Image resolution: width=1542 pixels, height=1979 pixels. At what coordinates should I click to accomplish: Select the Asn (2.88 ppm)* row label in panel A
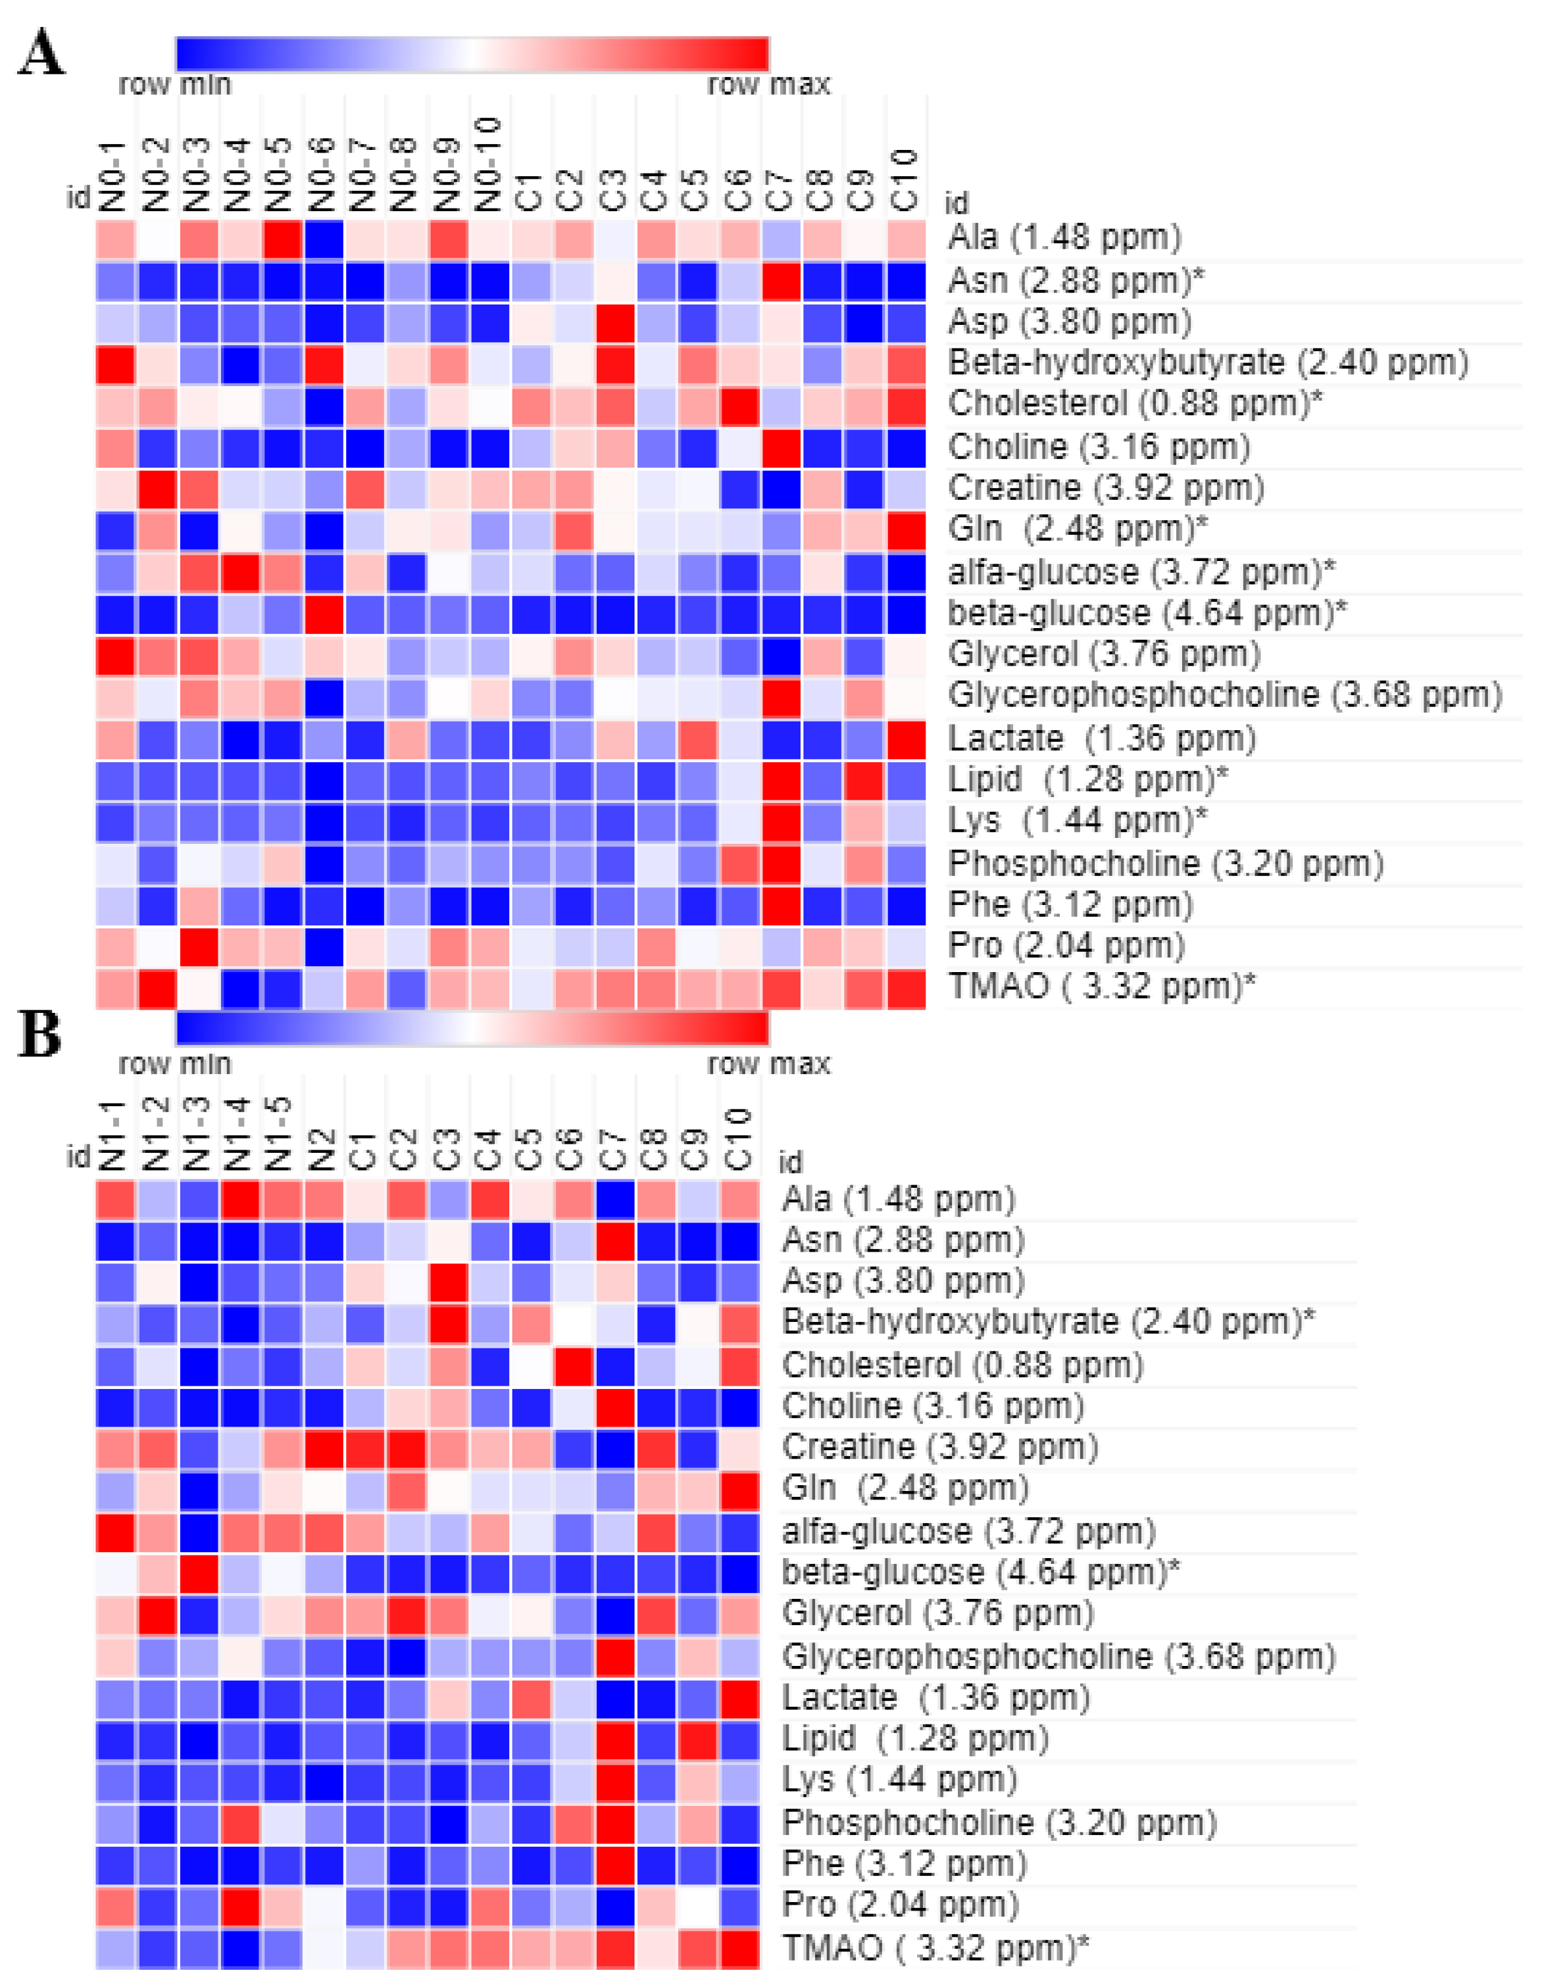[x=1075, y=281]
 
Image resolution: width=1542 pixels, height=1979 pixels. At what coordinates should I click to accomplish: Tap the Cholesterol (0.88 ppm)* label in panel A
[x=1134, y=403]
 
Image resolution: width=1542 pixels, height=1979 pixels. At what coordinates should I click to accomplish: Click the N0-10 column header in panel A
[x=489, y=163]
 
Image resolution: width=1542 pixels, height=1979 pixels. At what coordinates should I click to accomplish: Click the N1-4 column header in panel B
[x=240, y=1133]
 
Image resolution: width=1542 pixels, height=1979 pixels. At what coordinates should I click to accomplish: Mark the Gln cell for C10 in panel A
[x=906, y=530]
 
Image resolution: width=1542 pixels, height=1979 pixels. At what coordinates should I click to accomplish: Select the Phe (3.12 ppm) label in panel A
[x=1070, y=904]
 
